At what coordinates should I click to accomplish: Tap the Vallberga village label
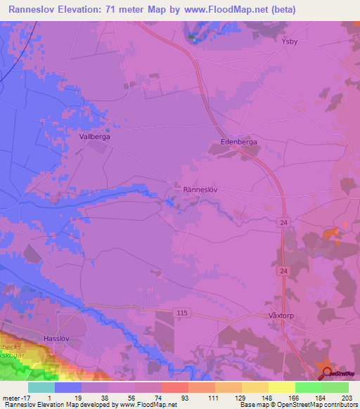(x=94, y=138)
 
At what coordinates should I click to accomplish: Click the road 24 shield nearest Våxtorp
(x=282, y=271)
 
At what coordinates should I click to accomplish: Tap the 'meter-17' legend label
(x=14, y=397)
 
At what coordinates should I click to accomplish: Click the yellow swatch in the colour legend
(x=281, y=387)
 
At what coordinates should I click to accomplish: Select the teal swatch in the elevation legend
(x=41, y=387)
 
